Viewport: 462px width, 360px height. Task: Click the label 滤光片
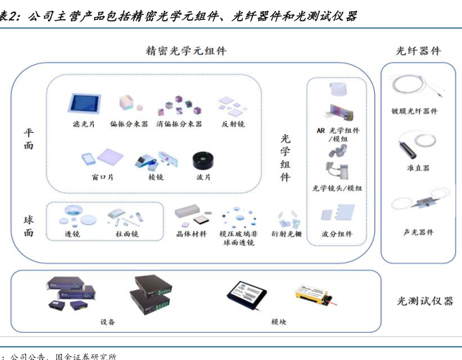coord(83,125)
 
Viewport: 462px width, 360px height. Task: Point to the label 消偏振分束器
coord(179,125)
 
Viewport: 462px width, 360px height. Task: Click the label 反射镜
coord(232,125)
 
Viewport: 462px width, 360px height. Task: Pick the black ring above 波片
coord(202,160)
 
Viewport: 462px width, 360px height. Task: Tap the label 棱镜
coord(156,177)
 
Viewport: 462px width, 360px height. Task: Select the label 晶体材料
coord(187,234)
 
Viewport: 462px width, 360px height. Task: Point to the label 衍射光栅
coord(286,234)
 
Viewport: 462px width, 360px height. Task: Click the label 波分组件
coord(337,234)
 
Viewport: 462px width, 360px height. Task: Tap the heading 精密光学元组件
coord(187,51)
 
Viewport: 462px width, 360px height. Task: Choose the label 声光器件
coord(418,232)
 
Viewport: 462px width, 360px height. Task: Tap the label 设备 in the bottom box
coord(108,322)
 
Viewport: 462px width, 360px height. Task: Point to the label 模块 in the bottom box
coord(279,322)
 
